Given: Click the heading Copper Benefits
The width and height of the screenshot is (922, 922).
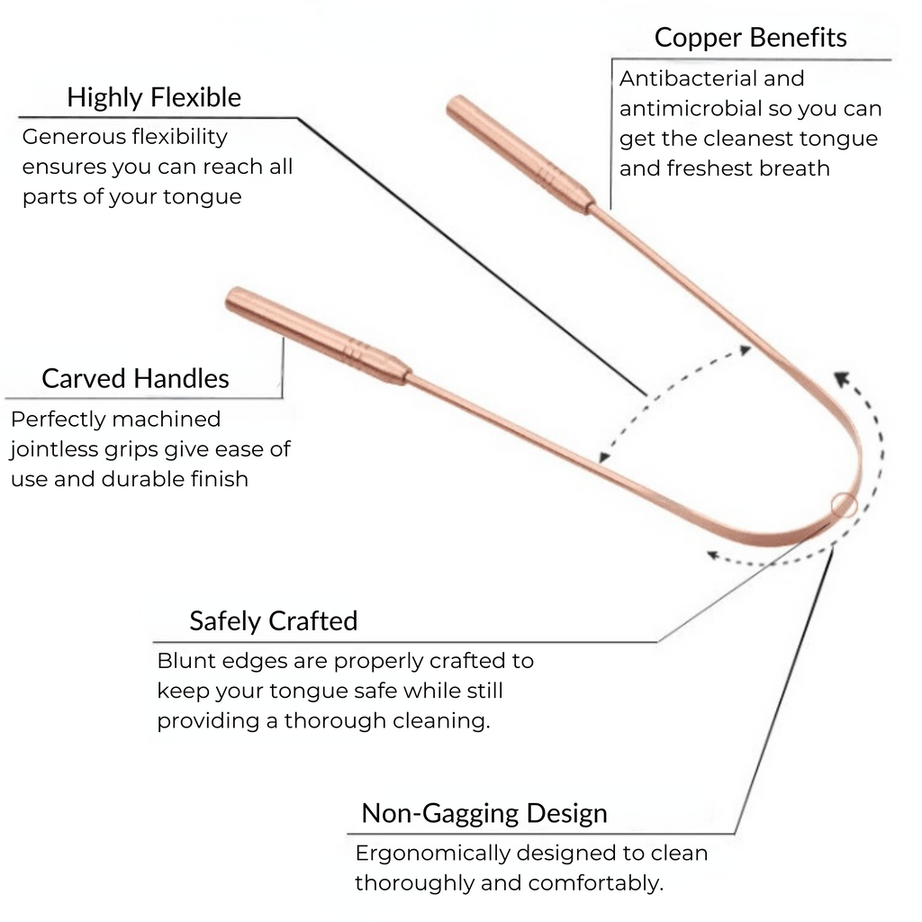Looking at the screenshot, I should pyautogui.click(x=750, y=38).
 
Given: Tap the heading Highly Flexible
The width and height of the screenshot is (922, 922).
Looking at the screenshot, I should pyautogui.click(x=154, y=97).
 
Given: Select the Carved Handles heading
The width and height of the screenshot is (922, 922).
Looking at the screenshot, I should pyautogui.click(x=135, y=378).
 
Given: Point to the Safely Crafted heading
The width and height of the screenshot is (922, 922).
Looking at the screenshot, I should pyautogui.click(x=273, y=621).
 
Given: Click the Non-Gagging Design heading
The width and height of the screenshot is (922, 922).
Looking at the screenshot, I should pyautogui.click(x=484, y=814).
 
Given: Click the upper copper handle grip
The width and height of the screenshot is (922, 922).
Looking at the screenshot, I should pyautogui.click(x=519, y=154).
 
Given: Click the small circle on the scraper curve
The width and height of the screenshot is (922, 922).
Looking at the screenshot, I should pyautogui.click(x=845, y=506).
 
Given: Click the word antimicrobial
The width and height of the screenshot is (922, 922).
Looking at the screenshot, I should pyautogui.click(x=688, y=109).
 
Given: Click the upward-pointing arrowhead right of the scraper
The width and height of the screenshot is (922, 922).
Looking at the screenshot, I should pyautogui.click(x=838, y=377).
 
